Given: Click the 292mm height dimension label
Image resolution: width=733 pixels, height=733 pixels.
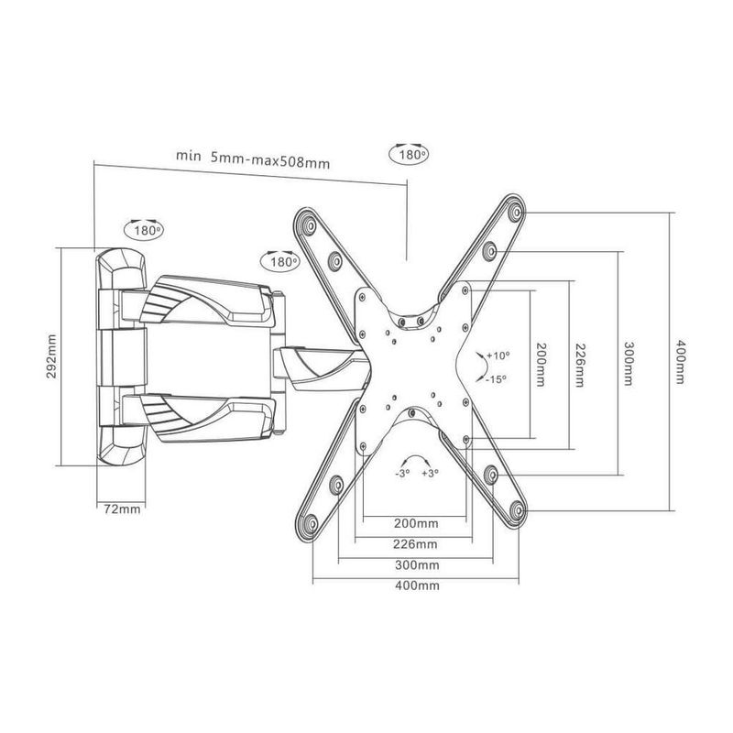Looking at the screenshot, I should click(51, 357).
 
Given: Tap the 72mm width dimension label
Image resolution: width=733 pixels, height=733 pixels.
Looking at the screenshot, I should click(119, 509).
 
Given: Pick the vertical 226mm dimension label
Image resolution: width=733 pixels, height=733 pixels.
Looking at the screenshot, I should click(578, 361).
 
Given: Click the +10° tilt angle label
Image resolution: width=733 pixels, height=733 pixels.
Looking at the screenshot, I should click(498, 355).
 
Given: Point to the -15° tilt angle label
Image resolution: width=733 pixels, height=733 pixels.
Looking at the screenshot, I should click(496, 377).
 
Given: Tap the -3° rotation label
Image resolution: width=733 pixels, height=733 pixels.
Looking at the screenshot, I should click(401, 475).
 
